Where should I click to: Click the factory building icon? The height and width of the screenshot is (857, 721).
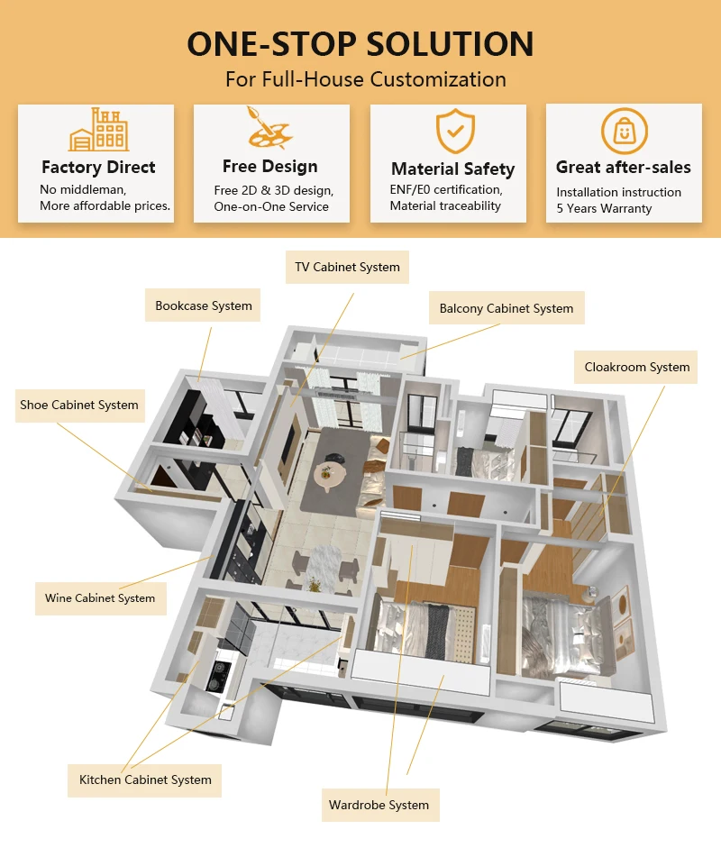(x=98, y=131)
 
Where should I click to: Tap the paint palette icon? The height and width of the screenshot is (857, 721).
(x=271, y=128)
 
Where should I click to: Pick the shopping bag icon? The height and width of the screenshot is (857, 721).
(x=624, y=132)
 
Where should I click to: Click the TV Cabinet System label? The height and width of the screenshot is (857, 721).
(x=347, y=268)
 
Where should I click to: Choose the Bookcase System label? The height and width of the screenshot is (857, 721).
(x=204, y=306)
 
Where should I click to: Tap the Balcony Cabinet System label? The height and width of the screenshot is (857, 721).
(x=506, y=308)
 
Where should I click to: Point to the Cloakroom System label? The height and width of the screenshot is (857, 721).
(x=636, y=367)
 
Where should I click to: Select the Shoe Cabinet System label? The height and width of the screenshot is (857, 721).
(x=79, y=406)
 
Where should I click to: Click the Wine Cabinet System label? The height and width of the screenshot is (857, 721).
(x=100, y=597)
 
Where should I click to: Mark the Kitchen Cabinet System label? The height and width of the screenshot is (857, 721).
(x=145, y=780)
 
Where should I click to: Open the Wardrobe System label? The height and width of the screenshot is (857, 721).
(x=379, y=805)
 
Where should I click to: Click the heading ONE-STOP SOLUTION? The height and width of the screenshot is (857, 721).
(x=360, y=43)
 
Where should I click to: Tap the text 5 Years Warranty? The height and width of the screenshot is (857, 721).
(x=604, y=208)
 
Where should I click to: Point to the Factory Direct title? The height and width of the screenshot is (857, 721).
(x=98, y=168)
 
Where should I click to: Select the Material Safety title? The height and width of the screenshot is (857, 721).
(x=452, y=169)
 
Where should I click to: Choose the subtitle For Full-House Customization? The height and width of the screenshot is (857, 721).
(x=365, y=78)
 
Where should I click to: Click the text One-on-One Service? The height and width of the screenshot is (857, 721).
(x=271, y=206)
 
